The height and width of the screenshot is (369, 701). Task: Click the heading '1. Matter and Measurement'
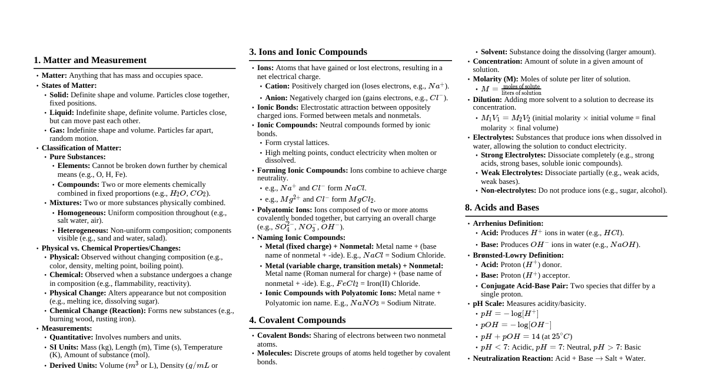click(90, 60)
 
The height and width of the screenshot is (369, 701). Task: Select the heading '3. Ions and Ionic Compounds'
click(308, 52)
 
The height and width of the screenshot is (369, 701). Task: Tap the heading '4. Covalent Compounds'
click(297, 320)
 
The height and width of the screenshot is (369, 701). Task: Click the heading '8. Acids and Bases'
click(502, 207)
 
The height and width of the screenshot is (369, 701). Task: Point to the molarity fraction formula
click(511, 90)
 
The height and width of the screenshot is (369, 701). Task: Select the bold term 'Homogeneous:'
click(81, 213)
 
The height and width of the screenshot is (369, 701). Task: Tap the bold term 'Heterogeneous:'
click(82, 230)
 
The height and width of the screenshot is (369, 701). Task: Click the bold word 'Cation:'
click(277, 86)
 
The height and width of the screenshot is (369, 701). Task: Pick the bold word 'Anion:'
click(276, 98)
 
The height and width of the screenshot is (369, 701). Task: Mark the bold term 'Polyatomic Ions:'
click(284, 210)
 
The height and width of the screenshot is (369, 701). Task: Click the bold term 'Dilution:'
click(487, 100)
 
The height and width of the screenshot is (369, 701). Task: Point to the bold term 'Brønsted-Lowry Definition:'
click(518, 255)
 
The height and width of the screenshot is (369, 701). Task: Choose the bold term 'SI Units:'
click(64, 347)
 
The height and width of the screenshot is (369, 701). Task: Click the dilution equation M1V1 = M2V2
click(506, 118)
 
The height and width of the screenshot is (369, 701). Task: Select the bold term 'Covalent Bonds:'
click(284, 335)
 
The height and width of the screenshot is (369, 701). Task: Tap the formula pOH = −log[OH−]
click(516, 325)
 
